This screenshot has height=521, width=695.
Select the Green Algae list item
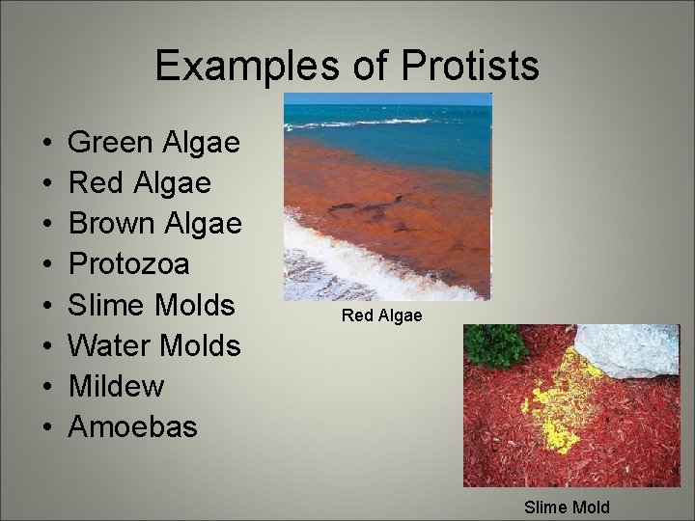pyautogui.click(x=153, y=143)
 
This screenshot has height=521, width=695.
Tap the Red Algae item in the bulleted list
pyautogui.click(x=139, y=183)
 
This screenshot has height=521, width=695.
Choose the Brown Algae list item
pyautogui.click(x=154, y=224)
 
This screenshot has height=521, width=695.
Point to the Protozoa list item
pyautogui.click(x=128, y=264)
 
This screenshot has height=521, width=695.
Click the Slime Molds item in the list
pyautogui.click(x=152, y=305)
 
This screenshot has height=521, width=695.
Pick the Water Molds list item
pyautogui.click(x=154, y=345)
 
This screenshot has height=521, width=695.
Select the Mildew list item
pyautogui.click(x=116, y=386)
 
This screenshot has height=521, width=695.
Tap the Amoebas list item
pyautogui.click(x=132, y=426)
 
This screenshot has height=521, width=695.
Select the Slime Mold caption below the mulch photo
pyautogui.click(x=567, y=507)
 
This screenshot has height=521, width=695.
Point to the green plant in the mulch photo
pyautogui.click(x=494, y=345)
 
